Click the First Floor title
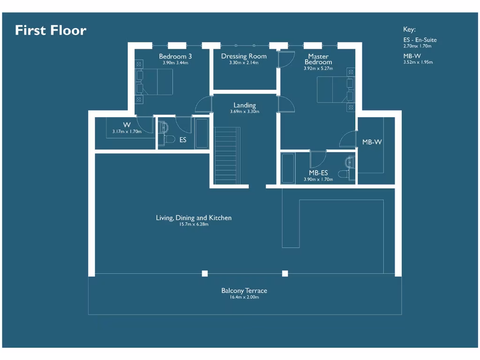51,30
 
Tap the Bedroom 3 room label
175,56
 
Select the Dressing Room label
244,56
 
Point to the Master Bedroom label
318,59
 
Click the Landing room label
245,105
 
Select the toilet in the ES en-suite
168,139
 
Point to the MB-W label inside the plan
372,142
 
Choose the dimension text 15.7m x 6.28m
194,225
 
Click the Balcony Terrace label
244,291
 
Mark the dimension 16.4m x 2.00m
244,297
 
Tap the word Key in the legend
409,29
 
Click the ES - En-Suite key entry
420,40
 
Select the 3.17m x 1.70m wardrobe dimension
127,132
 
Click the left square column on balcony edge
205,274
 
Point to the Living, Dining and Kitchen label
194,218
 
